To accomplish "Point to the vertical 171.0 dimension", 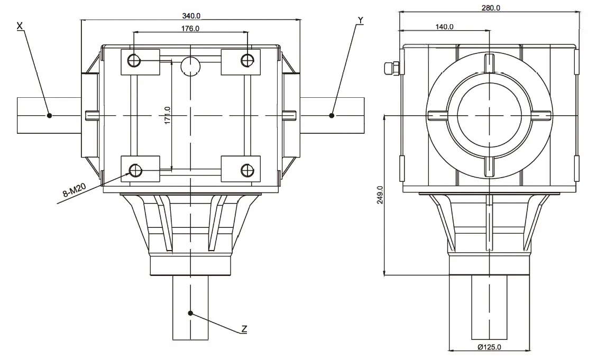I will click(x=167, y=116).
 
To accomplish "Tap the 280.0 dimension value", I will click(x=491, y=7).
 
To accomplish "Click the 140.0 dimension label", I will click(x=444, y=26).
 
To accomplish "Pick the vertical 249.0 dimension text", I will click(x=379, y=194).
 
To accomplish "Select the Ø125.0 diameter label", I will click(x=489, y=347).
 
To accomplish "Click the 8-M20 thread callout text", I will click(x=74, y=190).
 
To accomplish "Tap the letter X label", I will click(x=20, y=25).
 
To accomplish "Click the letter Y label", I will click(x=360, y=20).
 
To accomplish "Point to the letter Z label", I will click(x=244, y=329).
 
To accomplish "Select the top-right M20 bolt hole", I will click(x=246, y=60).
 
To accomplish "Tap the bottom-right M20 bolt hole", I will click(x=246, y=170).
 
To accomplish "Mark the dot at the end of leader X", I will click(x=49, y=115).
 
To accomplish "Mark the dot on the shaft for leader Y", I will click(x=332, y=115).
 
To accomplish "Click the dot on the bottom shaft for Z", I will click(x=190, y=313).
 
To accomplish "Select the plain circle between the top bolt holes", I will click(x=190, y=66).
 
